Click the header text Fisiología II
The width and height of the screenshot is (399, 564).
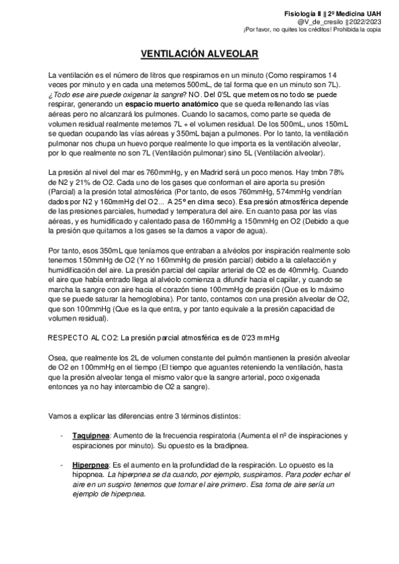click(304, 13)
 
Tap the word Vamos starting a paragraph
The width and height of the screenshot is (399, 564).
click(61, 415)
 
